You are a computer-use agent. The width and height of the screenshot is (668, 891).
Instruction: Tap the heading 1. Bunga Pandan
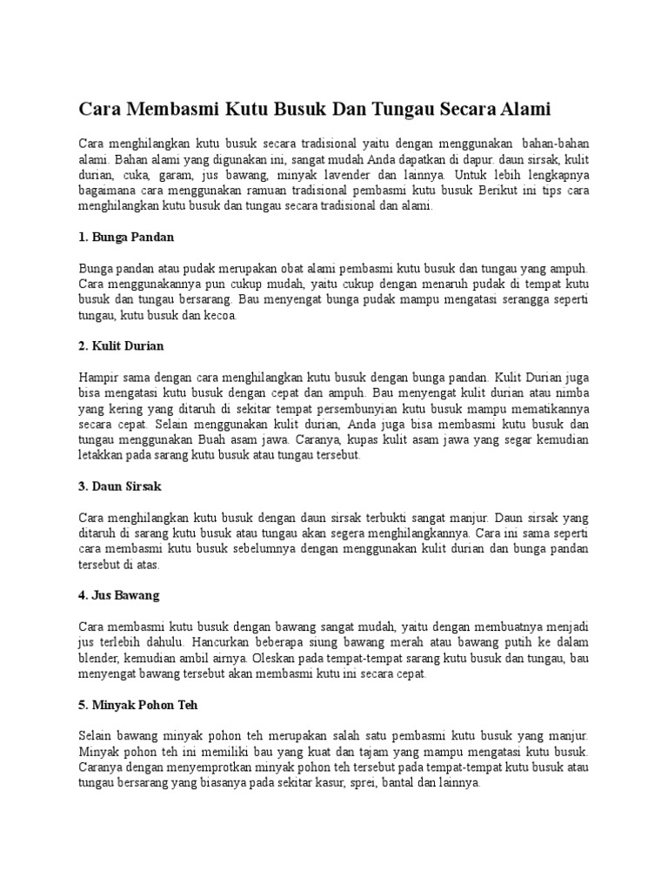pyautogui.click(x=127, y=237)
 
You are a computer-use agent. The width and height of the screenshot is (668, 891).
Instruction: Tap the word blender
pyautogui.click(x=100, y=659)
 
